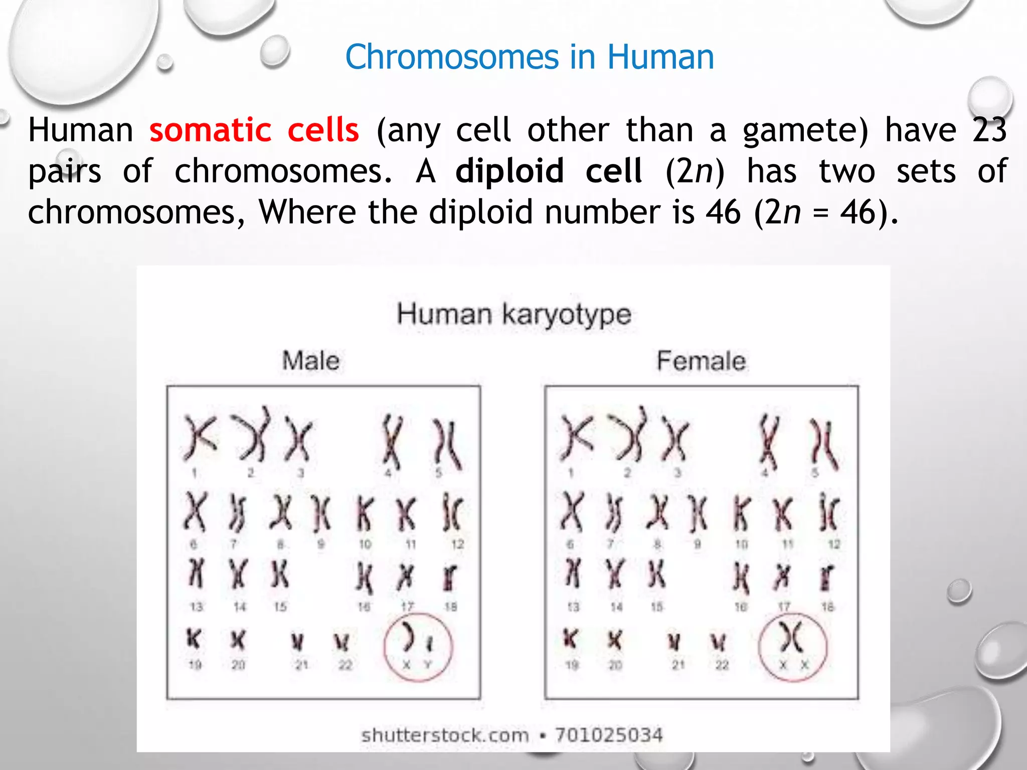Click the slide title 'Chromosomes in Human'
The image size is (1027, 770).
tap(529, 57)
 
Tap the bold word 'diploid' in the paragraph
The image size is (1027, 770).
tap(509, 171)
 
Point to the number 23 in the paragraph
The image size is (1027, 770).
tap(989, 130)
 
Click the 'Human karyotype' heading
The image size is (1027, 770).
tap(513, 315)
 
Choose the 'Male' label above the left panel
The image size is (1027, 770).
tap(310, 361)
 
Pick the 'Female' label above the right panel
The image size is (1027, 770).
tap(701, 361)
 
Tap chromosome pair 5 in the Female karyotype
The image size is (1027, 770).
tap(824, 444)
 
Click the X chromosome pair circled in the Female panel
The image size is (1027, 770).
tap(792, 637)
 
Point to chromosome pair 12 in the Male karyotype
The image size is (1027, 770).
tap(452, 512)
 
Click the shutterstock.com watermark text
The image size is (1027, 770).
tap(445, 735)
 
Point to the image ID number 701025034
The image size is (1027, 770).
tap(609, 735)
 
